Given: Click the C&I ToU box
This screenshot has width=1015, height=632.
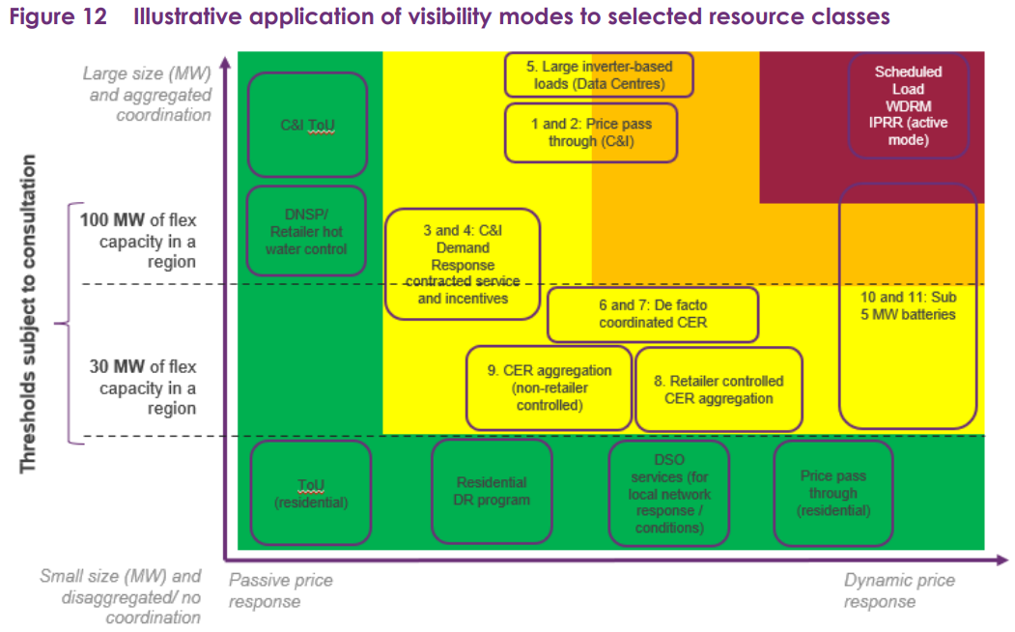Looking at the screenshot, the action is coord(307,125).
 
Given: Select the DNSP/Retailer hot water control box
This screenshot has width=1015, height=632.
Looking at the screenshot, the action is coord(306,231).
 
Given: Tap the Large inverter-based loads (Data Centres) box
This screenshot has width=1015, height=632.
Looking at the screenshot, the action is coord(599,75).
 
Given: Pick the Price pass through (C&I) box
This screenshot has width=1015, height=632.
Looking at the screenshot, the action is coord(591,132).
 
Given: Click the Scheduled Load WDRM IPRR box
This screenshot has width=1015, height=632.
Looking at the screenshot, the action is coord(908,105).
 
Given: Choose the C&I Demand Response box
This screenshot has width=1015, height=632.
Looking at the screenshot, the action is coord(463,264).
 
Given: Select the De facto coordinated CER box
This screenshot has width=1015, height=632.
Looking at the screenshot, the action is coord(653,314).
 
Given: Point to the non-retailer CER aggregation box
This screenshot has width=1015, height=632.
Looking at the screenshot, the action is coord(549,388).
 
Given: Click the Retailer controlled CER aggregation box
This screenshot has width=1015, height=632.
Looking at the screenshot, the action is coord(719,389).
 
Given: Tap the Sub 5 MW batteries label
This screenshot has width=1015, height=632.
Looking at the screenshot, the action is coord(908,305).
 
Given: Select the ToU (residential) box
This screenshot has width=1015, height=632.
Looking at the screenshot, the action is coord(311,494).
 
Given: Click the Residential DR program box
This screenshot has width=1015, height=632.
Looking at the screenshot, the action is coord(492,491).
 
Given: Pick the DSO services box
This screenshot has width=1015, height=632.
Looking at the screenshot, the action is coord(668,494).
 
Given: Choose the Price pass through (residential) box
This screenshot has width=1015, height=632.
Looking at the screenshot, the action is coord(833,494).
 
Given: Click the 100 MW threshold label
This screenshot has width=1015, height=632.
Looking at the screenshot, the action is coord(138,241).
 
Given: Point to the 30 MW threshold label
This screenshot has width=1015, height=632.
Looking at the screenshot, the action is coord(142,388).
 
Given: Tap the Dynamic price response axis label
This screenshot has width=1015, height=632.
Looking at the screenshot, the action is coord(899,590).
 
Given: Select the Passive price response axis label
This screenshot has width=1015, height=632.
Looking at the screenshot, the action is coord(281,590).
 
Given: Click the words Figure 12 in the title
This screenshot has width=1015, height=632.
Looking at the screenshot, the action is coord(58,16).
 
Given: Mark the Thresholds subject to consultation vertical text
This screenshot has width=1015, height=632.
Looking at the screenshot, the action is coord(27,314).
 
